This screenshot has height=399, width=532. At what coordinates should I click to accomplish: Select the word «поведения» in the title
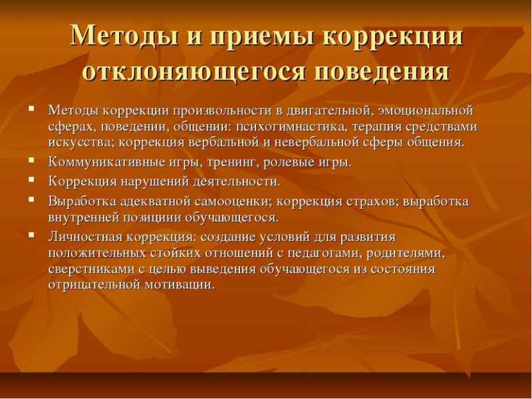(382, 72)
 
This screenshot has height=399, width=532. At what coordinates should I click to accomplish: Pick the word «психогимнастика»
(289, 127)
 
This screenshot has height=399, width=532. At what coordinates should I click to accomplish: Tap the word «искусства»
(81, 142)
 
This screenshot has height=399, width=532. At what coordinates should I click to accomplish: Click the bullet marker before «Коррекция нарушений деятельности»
(31, 179)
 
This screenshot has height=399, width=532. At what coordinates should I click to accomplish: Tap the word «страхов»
(370, 201)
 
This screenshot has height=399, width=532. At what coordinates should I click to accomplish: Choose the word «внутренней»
(82, 217)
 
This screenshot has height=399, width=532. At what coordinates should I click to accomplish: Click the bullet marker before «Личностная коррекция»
(31, 234)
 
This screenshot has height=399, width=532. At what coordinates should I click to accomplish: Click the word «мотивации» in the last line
(180, 285)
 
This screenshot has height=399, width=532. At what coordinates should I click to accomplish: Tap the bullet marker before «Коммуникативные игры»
(31, 160)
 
